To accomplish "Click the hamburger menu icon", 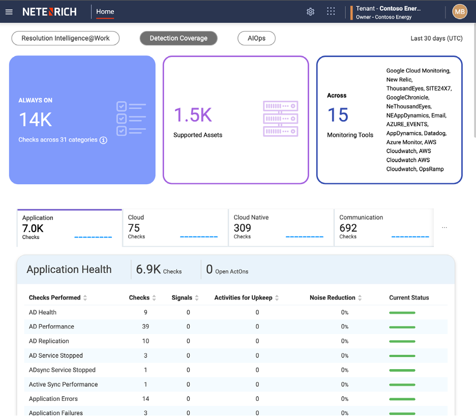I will tap(9, 12).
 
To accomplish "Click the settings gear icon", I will tap(310, 12).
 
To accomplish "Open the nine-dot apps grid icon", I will tap(331, 12).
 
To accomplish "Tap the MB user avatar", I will tap(460, 12).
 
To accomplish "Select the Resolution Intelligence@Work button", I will tap(66, 38).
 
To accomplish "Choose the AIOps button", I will tap(256, 38).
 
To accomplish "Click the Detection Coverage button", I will tap(178, 38).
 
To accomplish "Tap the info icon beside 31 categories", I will tap(103, 140).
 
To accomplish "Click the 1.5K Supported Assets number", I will tap(193, 115).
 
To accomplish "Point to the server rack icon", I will tap(280, 118).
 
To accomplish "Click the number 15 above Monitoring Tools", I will tap(338, 115).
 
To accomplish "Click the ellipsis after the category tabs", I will tap(444, 227).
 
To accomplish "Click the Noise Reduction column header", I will tap(333, 298).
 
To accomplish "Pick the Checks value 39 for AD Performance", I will tap(145, 326).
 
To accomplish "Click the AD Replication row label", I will tap(49, 341).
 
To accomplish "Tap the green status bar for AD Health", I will tap(402, 312).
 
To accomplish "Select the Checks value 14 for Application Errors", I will tap(145, 399).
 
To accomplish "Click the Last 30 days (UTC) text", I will tap(436, 39).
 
